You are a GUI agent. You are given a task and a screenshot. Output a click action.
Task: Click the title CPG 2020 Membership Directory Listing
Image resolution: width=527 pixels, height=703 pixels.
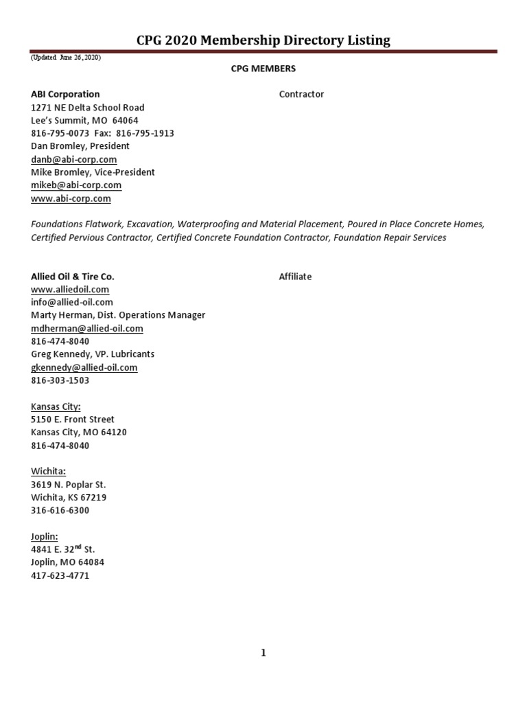coord(263,41)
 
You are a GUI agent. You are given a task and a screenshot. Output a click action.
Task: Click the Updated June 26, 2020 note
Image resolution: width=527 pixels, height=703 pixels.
coord(66,58)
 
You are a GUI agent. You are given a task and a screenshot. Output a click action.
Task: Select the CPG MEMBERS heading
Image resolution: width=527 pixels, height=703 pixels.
coord(263,69)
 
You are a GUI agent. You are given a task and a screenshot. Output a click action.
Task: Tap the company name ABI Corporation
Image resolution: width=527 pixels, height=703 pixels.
coord(65,94)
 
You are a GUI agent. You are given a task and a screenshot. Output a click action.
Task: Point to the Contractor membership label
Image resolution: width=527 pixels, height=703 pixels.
coord(301,94)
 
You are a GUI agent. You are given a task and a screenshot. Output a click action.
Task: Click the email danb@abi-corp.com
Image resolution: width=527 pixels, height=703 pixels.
coord(73,159)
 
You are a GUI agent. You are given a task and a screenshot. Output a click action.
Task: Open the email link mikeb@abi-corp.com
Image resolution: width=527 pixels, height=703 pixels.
coord(76,185)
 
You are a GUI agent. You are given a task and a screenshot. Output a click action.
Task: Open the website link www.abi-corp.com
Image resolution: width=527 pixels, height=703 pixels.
coord(71,198)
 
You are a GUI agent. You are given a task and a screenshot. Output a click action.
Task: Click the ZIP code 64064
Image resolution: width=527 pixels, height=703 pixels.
coord(125,120)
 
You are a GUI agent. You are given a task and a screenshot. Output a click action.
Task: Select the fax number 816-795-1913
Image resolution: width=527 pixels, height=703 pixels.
coord(149,133)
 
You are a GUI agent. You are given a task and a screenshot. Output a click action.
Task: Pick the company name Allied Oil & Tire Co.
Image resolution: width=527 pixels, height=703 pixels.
coord(73,277)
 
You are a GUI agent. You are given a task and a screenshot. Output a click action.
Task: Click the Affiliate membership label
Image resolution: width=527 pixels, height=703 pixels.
coord(295,277)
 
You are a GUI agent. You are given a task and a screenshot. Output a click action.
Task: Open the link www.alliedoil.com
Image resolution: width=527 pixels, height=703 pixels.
coord(70,290)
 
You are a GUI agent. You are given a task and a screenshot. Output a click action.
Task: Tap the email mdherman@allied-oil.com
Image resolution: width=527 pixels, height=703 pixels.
coord(87,328)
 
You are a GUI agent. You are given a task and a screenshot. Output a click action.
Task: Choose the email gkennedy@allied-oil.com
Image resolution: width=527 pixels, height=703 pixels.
coord(84,367)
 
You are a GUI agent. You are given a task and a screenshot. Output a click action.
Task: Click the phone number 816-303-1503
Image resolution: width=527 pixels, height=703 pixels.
coord(60,380)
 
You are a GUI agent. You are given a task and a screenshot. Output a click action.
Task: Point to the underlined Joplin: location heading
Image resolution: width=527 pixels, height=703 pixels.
coord(45,536)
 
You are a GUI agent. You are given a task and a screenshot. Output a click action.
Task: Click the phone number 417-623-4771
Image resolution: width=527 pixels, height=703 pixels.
coord(60,575)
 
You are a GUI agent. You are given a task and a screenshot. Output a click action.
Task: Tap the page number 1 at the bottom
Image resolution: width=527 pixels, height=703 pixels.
coord(263,653)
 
